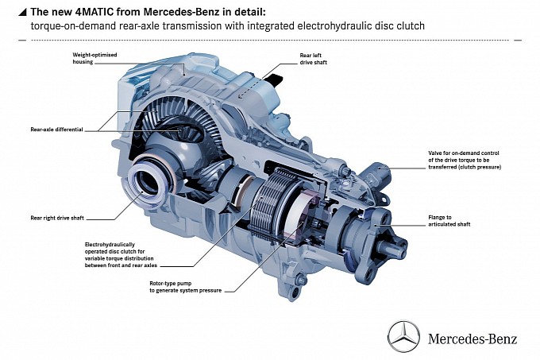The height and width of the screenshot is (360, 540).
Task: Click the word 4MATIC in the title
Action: point(94,12)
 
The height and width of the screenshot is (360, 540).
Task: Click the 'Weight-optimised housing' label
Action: point(94,58)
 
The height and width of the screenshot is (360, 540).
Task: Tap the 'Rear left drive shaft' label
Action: point(313,59)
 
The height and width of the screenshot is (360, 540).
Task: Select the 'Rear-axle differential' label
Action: point(57,130)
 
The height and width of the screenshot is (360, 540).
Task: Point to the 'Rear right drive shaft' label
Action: point(57,218)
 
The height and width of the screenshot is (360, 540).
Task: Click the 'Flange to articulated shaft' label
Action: point(449,221)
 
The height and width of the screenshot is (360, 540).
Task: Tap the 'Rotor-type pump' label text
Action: point(185,287)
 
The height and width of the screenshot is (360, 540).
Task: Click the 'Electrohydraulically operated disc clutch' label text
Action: point(121,255)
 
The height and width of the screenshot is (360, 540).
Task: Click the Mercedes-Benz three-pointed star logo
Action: point(403,337)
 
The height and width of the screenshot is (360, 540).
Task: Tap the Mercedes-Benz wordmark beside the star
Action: point(472,339)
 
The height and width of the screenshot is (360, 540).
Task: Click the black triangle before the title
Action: point(22,13)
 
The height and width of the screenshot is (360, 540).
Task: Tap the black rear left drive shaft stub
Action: point(275,80)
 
